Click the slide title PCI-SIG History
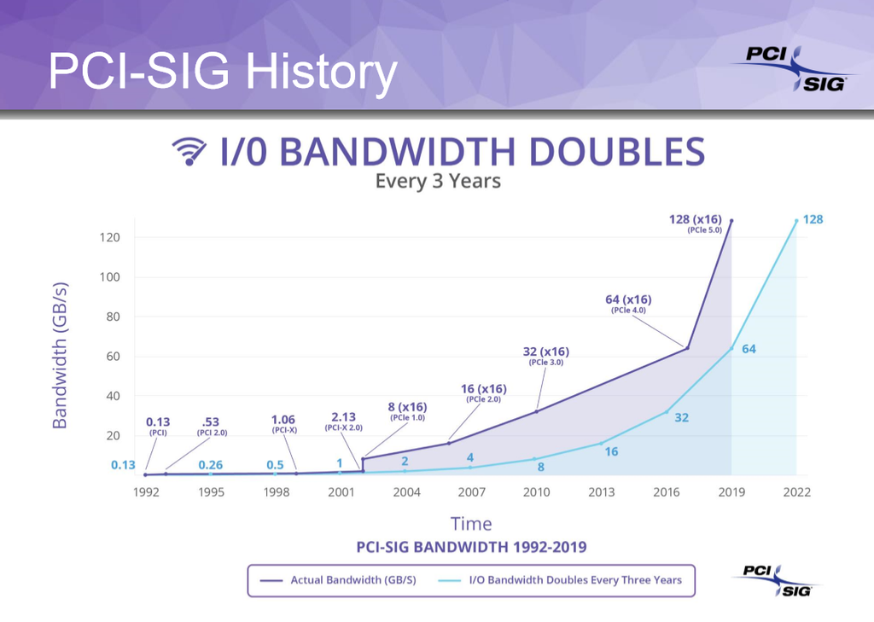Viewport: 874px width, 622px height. click(x=222, y=72)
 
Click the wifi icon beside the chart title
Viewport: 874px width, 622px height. click(x=189, y=151)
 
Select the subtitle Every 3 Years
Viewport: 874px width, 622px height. click(x=438, y=181)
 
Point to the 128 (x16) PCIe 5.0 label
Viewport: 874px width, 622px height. click(x=695, y=224)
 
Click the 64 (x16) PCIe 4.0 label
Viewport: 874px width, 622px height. click(x=628, y=304)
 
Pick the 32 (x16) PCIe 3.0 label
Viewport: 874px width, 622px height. click(x=545, y=356)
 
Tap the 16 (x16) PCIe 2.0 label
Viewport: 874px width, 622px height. click(x=483, y=392)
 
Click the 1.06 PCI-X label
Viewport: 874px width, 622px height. click(x=283, y=424)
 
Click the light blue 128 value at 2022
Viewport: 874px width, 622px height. click(x=813, y=219)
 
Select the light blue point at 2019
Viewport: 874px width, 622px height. click(x=731, y=347)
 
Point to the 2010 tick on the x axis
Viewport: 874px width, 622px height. click(x=537, y=492)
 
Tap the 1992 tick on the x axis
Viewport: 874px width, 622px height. click(x=145, y=492)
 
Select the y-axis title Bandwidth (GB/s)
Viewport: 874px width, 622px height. click(x=60, y=356)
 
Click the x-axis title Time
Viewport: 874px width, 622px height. click(x=471, y=523)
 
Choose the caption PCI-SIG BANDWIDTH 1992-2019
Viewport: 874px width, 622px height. click(x=471, y=546)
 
